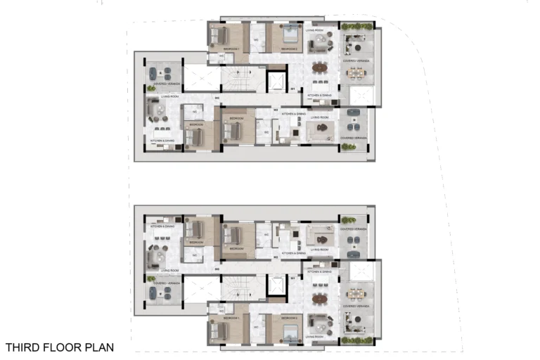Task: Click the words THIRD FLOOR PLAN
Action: [x=59, y=347]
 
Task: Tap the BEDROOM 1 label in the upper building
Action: [x=233, y=49]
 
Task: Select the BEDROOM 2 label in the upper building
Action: [x=288, y=49]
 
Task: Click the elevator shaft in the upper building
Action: [x=277, y=82]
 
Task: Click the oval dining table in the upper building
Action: [x=319, y=68]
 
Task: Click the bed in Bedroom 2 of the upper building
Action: [x=288, y=35]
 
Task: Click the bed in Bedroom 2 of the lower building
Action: [x=288, y=330]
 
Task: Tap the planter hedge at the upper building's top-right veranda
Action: [x=356, y=27]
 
